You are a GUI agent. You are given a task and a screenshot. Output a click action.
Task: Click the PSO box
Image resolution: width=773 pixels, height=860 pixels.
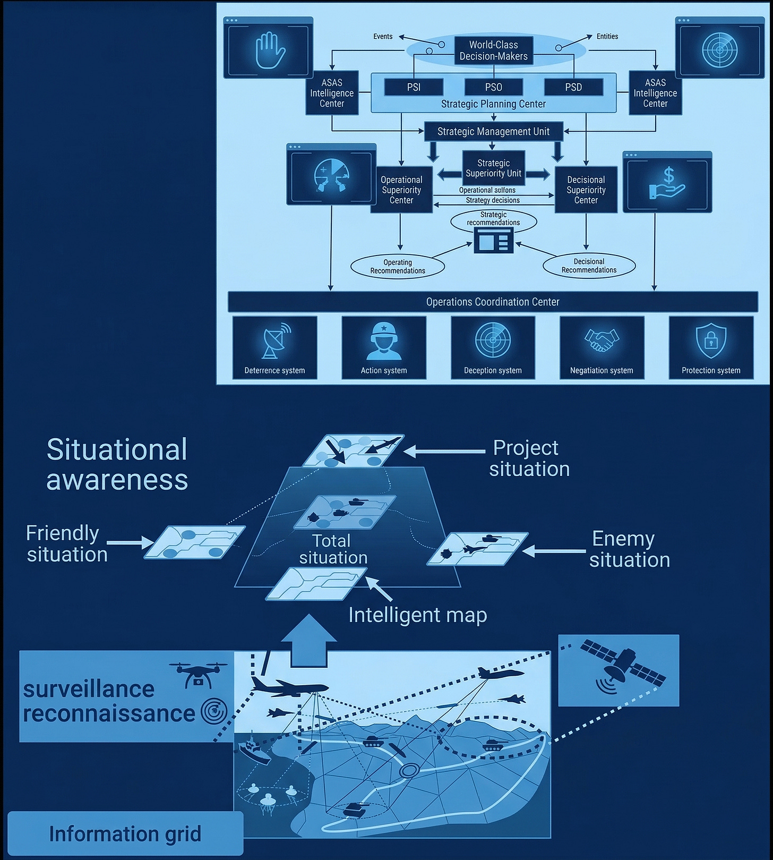tap(493, 87)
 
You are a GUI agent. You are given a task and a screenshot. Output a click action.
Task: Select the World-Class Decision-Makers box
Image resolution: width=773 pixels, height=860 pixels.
tap(493, 50)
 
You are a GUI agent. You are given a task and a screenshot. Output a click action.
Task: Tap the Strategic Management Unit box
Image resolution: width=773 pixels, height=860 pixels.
tap(493, 132)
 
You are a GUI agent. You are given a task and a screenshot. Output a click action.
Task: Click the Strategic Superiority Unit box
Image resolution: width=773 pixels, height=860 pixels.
tap(493, 168)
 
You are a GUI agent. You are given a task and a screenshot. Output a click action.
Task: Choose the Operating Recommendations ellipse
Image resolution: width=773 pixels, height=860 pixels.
tap(398, 267)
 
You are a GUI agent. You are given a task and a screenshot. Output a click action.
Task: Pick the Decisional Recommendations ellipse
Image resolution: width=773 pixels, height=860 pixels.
tap(589, 266)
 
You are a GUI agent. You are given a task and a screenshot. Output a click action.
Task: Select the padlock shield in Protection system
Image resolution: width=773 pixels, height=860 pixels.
tap(711, 340)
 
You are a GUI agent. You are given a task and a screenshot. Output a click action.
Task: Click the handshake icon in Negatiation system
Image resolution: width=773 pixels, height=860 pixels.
tap(602, 340)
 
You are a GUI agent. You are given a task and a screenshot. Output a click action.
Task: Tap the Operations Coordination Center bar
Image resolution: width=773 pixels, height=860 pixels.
tap(493, 302)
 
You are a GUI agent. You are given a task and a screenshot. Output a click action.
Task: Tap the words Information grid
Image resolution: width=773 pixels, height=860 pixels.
tap(125, 833)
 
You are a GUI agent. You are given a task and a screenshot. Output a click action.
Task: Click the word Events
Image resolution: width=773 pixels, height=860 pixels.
tap(383, 37)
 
